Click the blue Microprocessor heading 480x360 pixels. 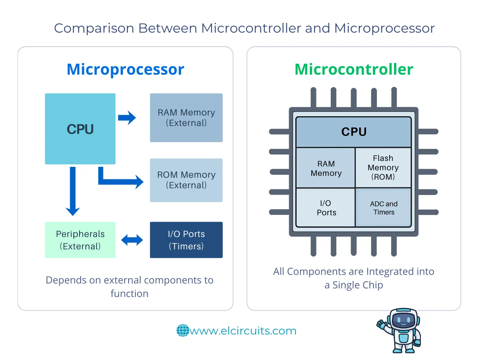[125, 69]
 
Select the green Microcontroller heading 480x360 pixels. [354, 69]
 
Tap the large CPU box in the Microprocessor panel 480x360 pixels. [80, 129]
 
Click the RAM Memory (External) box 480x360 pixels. [186, 118]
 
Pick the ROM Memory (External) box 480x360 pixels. [186, 180]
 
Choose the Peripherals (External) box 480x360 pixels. [80, 240]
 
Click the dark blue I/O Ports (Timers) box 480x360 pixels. [186, 240]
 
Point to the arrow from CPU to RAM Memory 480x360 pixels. [127, 118]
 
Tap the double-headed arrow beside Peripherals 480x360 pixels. [132, 240]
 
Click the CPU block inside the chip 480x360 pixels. [354, 132]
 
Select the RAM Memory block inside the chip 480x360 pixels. [325, 168]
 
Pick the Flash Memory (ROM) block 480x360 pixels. [383, 168]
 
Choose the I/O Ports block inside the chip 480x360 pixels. [325, 208]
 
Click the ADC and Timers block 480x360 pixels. [384, 208]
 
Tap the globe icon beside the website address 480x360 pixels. [183, 330]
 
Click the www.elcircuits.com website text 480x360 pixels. [243, 331]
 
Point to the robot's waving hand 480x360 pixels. [382, 323]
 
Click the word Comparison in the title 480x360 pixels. [94, 28]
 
